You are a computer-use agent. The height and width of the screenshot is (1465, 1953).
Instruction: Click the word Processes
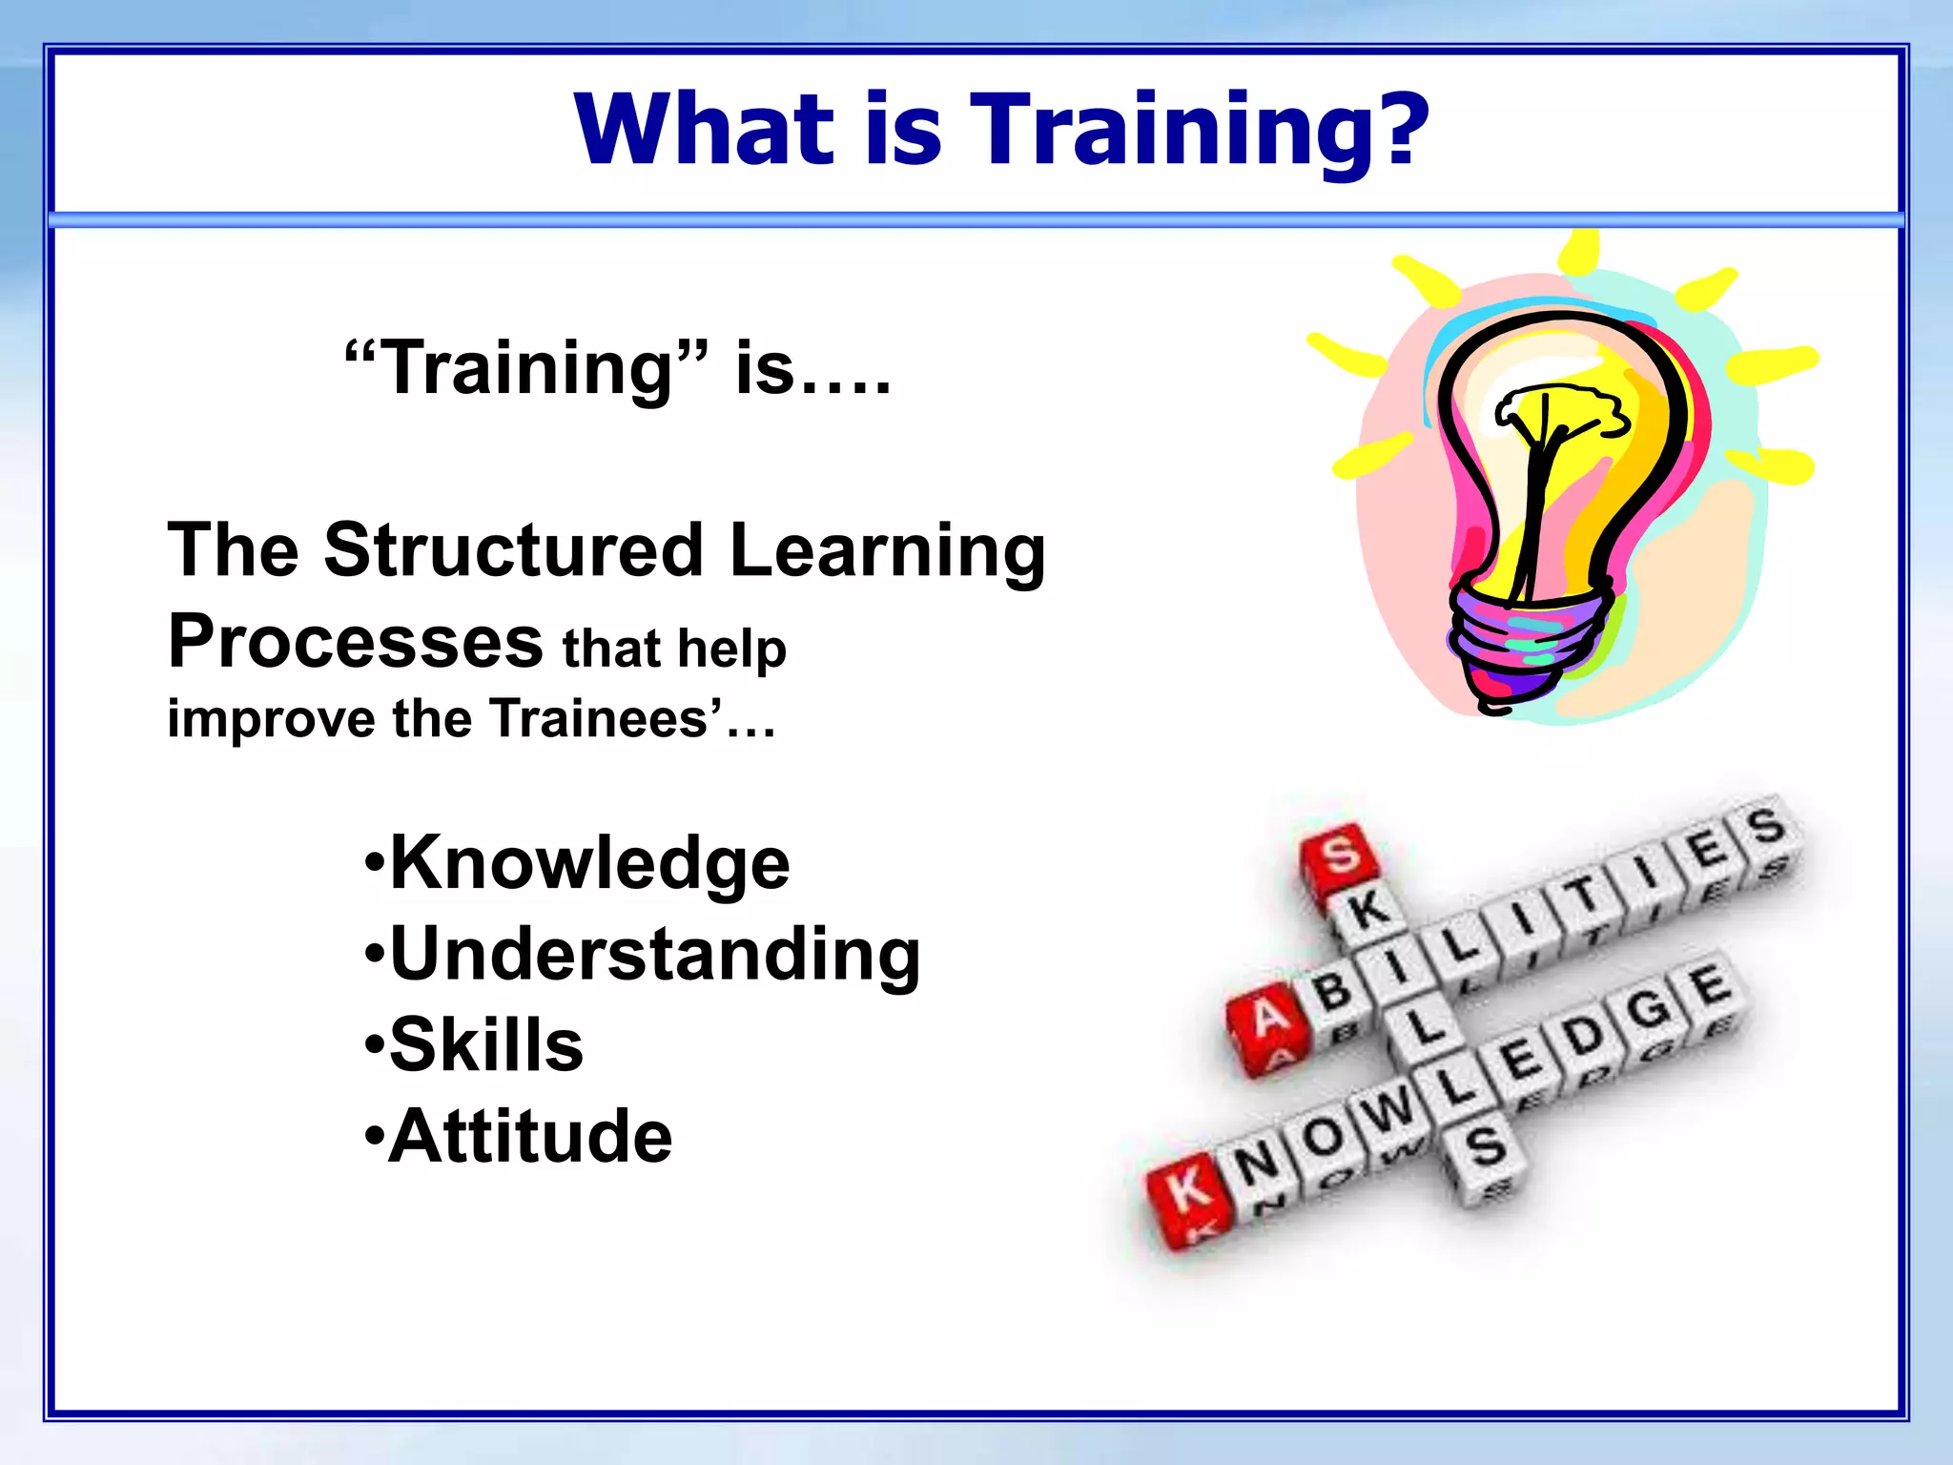(x=356, y=642)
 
